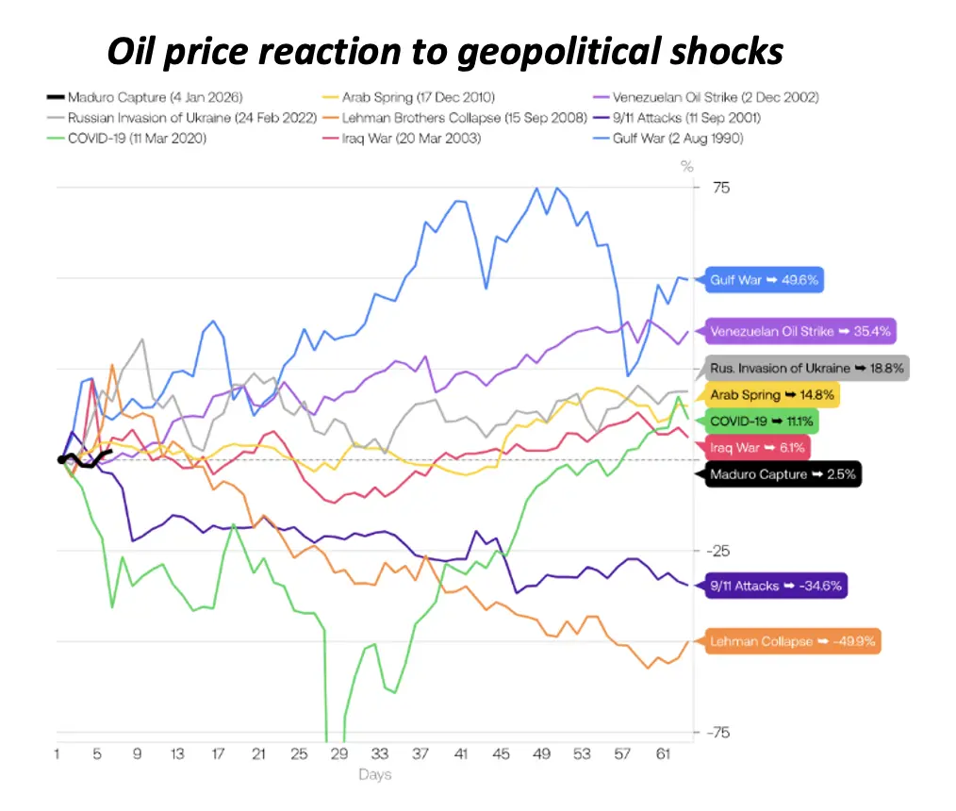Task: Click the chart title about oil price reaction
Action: pyautogui.click(x=445, y=51)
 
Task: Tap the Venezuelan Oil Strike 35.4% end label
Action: pyautogui.click(x=799, y=331)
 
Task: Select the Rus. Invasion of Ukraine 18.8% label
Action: pyautogui.click(x=806, y=368)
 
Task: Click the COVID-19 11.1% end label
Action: pyautogui.click(x=763, y=421)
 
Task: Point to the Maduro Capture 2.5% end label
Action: pyautogui.click(x=783, y=474)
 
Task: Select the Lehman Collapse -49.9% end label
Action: pyautogui.click(x=793, y=641)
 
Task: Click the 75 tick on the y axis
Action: pyautogui.click(x=720, y=188)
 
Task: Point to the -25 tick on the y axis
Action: pyautogui.click(x=718, y=550)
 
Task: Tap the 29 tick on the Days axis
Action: pyautogui.click(x=339, y=754)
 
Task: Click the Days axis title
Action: pyautogui.click(x=374, y=775)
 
